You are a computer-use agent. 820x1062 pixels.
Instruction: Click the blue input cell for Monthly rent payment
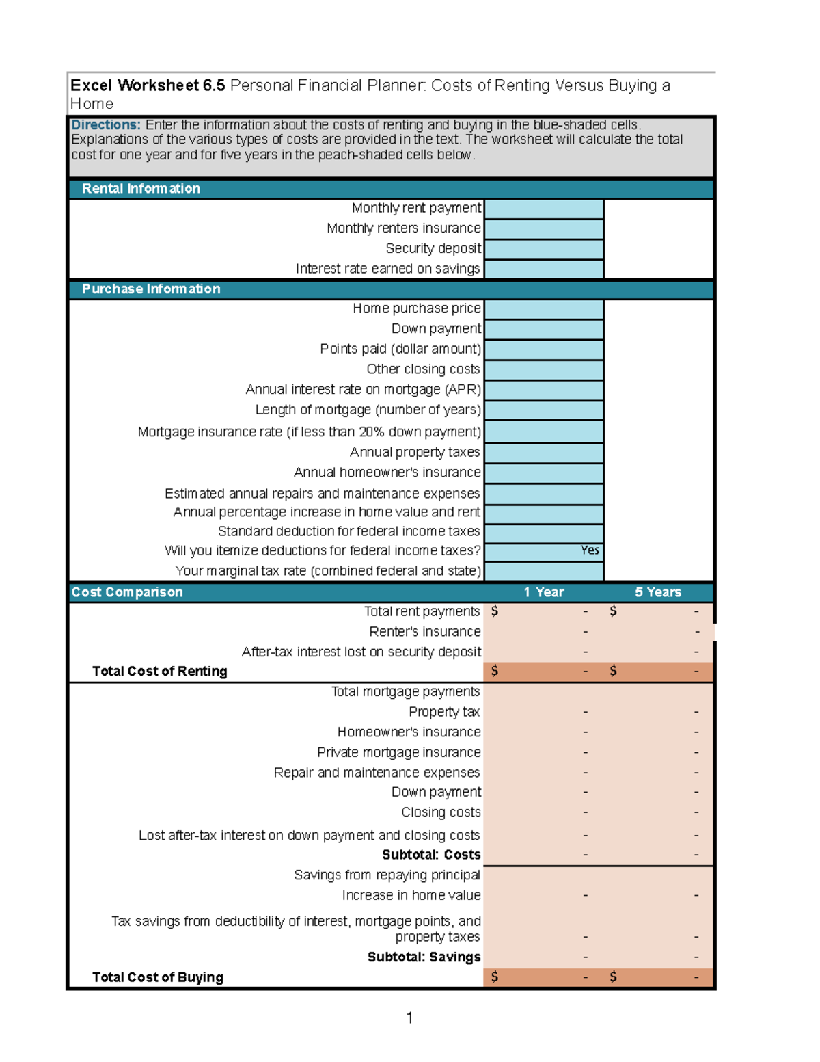pos(543,209)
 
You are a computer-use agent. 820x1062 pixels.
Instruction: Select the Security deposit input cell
pos(543,249)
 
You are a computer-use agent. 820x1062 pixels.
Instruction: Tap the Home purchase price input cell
pos(543,309)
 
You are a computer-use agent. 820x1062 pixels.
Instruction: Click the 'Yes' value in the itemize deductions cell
pos(590,550)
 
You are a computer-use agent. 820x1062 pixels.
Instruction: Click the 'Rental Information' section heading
pos(141,189)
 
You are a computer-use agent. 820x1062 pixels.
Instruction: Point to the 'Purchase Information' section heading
pos(151,289)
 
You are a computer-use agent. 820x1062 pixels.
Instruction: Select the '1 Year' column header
pos(544,592)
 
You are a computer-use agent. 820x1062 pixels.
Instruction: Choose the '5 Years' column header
pos(658,592)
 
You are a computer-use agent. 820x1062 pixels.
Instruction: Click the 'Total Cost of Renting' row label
pos(159,672)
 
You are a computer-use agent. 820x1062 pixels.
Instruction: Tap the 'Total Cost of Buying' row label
pos(157,977)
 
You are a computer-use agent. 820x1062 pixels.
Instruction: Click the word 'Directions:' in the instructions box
pos(106,125)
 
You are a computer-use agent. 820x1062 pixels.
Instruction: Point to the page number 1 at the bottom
pos(409,1018)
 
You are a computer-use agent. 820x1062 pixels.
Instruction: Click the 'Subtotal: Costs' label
pos(431,855)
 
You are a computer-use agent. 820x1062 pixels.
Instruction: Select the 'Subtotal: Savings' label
pos(424,957)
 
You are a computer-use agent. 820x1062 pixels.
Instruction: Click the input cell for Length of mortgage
pos(543,410)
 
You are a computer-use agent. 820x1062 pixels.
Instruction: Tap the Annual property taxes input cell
pos(543,453)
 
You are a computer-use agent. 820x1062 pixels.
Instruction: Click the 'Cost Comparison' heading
pos(127,592)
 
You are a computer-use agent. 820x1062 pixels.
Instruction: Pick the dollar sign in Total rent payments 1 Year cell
pos(495,611)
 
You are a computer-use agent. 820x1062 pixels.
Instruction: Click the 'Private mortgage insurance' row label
pos(398,753)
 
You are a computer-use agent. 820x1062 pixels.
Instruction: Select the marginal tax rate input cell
pos(543,571)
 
